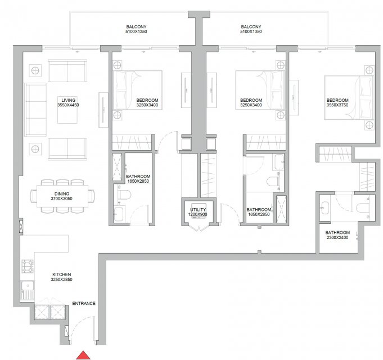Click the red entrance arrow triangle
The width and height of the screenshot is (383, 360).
[x=83, y=355]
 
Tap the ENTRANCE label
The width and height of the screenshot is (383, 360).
[x=84, y=303]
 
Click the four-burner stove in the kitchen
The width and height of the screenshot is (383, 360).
[x=28, y=266]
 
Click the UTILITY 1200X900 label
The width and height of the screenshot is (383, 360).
[x=198, y=212]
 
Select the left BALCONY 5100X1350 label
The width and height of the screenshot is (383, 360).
[x=136, y=29]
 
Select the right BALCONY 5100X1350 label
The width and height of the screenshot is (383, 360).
[x=251, y=29]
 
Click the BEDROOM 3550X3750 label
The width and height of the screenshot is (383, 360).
[x=337, y=102]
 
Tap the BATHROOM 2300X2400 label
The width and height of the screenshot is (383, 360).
[x=337, y=235]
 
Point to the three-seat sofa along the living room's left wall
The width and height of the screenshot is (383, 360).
[x=35, y=110]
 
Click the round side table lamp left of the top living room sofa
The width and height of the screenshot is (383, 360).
[x=35, y=70]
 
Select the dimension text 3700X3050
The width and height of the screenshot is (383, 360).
[x=61, y=199]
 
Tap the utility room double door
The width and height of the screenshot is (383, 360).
[x=199, y=227]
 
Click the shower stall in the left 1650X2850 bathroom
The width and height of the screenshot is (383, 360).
[x=117, y=167]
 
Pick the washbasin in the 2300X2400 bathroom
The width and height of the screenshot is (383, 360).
[x=325, y=208]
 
